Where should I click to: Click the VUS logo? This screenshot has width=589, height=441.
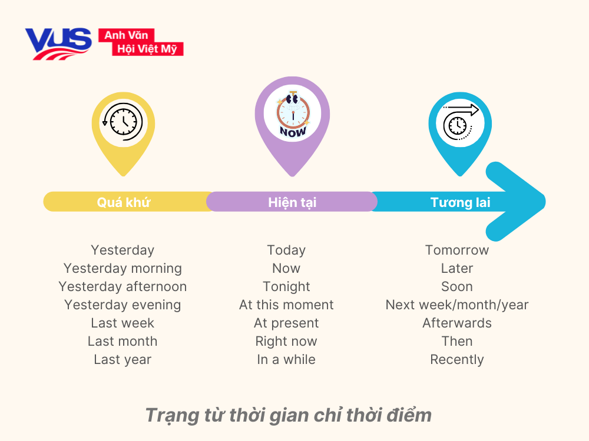pos(58,43)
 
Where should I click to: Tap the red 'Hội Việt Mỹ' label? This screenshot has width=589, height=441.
pos(147,49)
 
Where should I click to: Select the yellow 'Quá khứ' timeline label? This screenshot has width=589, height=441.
pos(124,202)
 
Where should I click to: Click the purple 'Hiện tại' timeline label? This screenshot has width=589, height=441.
pos(292,202)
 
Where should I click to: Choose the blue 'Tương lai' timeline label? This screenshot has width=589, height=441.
pos(461,202)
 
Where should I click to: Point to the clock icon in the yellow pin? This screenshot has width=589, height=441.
pos(123,122)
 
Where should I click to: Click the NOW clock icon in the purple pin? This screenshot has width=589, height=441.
pos(293,115)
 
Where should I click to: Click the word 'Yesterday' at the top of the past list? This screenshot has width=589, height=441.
pos(123,250)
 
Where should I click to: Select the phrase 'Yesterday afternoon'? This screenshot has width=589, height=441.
pos(123,286)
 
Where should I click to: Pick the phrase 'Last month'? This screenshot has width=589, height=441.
pos(123,341)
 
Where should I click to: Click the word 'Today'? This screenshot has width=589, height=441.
pos(286,250)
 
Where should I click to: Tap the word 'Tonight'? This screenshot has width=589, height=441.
pos(286,286)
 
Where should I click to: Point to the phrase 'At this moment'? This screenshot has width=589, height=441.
pos(286,305)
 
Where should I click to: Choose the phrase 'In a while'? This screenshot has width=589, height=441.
pos(286,359)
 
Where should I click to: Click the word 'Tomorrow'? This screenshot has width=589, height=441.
pos(457,250)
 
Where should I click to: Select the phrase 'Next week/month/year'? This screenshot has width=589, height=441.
pos(457,305)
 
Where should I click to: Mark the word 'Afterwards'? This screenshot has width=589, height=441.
pos(457,323)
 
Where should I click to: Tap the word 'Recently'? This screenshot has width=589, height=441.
pos(457,359)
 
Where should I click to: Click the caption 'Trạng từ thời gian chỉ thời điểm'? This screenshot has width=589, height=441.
pos(288,415)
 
